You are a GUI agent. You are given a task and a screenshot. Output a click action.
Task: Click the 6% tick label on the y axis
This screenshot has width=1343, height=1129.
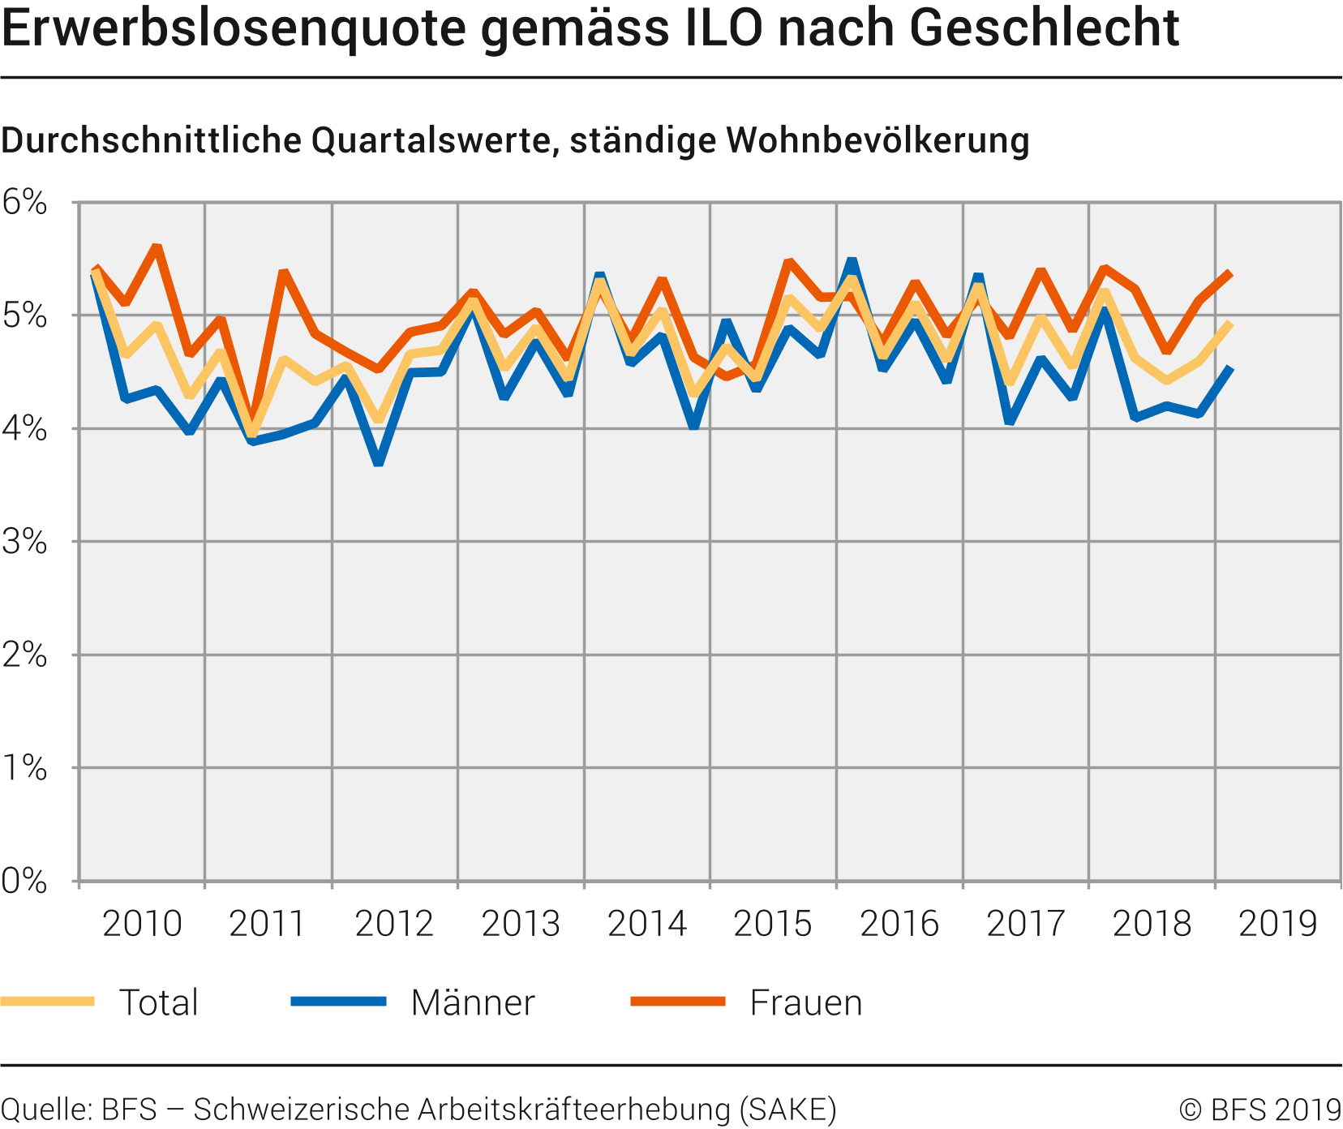point(25,202)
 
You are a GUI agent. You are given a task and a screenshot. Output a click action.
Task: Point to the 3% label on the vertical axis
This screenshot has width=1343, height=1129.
point(25,542)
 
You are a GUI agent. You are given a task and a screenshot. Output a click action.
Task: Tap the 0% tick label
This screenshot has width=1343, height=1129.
point(25,881)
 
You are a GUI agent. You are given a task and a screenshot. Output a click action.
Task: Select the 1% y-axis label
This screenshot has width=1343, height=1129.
point(25,768)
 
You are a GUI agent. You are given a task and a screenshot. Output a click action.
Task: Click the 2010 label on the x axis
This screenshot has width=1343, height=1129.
point(142,924)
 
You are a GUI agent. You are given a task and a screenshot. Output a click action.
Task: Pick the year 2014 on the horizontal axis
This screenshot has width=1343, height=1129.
point(647,924)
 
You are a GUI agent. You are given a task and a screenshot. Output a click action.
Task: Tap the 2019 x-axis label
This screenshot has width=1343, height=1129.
point(1278,924)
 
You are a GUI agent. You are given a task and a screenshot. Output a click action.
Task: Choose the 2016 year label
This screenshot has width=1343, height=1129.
point(899,924)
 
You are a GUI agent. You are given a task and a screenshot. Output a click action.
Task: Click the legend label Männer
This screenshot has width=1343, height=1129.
point(473,1003)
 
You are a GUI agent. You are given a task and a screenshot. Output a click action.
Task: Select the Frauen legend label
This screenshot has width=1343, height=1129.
point(806,1003)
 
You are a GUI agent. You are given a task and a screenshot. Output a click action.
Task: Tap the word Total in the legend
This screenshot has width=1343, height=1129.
point(159,1003)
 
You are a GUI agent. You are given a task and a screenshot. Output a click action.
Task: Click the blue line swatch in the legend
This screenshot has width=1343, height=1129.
point(339,1002)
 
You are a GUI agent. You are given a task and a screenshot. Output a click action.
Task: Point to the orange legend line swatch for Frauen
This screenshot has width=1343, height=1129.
point(678,1002)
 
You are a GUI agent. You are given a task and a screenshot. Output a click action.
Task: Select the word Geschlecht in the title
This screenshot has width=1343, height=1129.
point(1044,28)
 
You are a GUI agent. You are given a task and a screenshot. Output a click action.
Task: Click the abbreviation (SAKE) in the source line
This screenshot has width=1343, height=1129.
point(787,1109)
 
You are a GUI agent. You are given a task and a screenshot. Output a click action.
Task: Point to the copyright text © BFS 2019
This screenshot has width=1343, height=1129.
point(1259,1109)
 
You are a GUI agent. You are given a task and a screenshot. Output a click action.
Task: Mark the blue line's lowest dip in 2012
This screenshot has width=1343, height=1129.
point(378,462)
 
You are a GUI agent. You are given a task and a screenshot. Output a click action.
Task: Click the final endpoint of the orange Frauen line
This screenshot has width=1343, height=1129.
point(1231,273)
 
